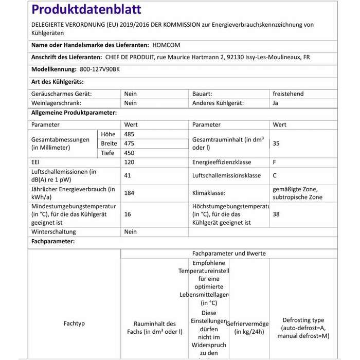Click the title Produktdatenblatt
pyautogui.click(x=86, y=10)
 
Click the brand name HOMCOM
pyautogui.click(x=167, y=45)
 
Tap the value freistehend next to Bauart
pyautogui.click(x=288, y=94)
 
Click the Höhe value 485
pyautogui.click(x=129, y=134)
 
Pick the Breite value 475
pyautogui.click(x=129, y=143)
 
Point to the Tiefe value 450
pyautogui.click(x=129, y=153)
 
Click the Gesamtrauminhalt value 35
pyautogui.click(x=276, y=143)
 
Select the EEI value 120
pyautogui.click(x=129, y=163)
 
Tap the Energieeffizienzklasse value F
pyautogui.click(x=275, y=163)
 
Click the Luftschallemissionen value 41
pyautogui.click(x=128, y=176)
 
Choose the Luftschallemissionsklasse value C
pyautogui.click(x=275, y=176)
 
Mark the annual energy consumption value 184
pyautogui.click(x=129, y=193)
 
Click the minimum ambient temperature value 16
pyautogui.click(x=128, y=214)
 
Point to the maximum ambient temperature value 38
pyautogui.click(x=276, y=214)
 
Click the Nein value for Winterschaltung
pyautogui.click(x=131, y=232)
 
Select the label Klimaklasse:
pyautogui.click(x=210, y=193)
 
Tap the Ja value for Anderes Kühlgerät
pyautogui.click(x=276, y=103)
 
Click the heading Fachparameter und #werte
pyautogui.click(x=229, y=254)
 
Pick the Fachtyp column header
pyautogui.click(x=74, y=323)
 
